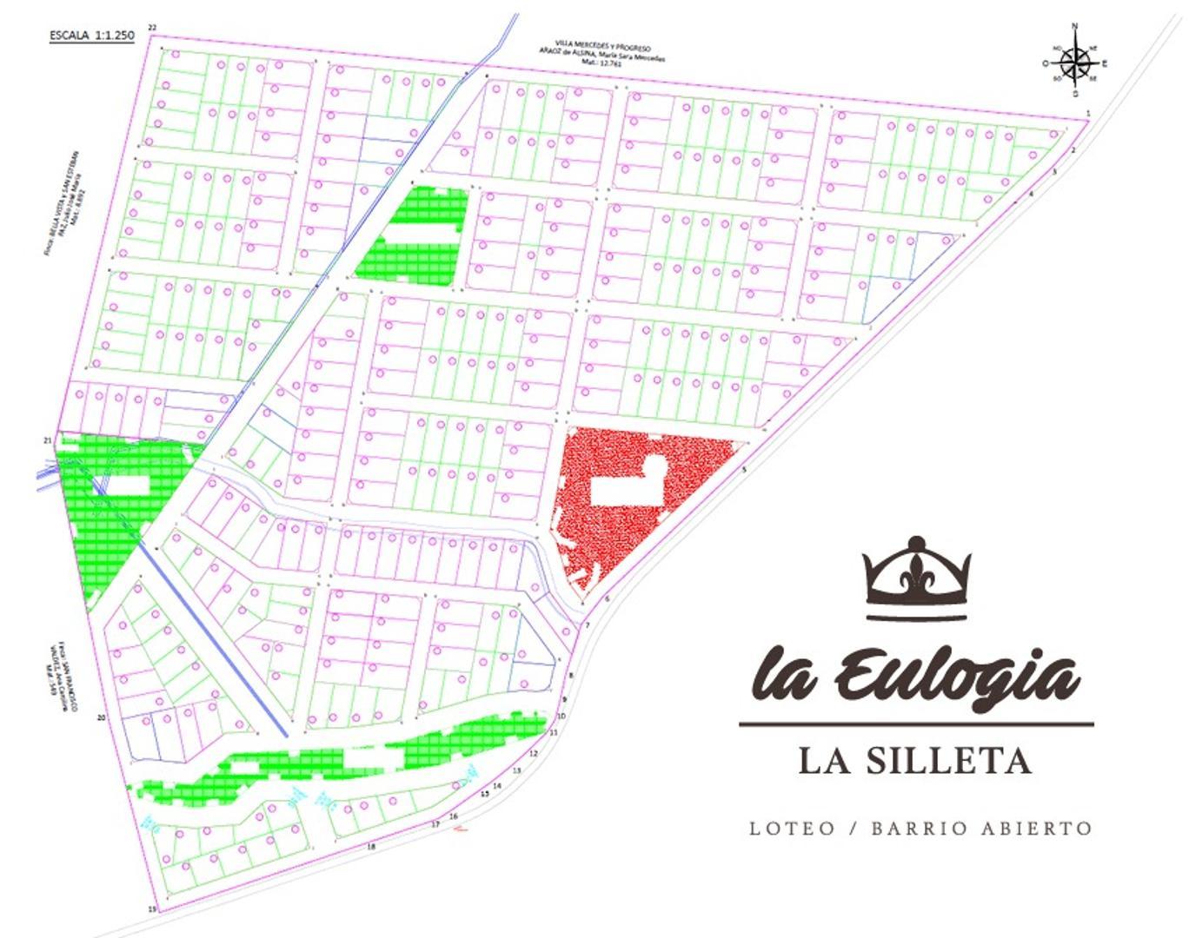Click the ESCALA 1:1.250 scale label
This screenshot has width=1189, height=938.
click(91, 36)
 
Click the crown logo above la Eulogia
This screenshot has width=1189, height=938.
click(917, 579)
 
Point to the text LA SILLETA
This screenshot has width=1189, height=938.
click(915, 761)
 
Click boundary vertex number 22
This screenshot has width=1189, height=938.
click(152, 29)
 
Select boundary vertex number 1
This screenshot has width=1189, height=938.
click(1087, 114)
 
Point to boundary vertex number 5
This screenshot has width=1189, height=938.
click(744, 470)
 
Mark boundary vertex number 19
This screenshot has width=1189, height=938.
click(152, 909)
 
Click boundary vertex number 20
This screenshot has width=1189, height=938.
click(102, 718)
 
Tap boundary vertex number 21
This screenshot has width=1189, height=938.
click(47, 440)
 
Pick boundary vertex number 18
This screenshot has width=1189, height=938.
click(371, 846)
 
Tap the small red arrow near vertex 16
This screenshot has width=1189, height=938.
click(462, 829)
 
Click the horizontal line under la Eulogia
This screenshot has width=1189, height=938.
click(916, 723)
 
